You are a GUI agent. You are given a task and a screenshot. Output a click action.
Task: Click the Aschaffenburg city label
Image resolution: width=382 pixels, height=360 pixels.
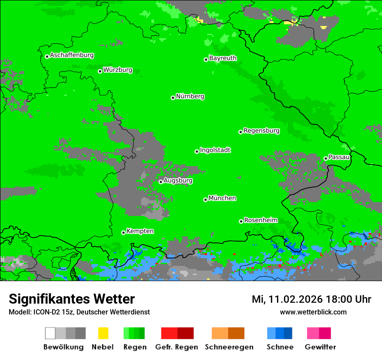click(72, 56)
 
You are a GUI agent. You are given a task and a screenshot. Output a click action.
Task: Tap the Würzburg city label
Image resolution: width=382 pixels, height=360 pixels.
click(118, 70)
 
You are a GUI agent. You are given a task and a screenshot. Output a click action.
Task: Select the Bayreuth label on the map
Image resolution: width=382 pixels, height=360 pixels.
click(223, 58)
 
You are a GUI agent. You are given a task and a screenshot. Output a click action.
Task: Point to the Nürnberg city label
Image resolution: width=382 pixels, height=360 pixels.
click(190, 97)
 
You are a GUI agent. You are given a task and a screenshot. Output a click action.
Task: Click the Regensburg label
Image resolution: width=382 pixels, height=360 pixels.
click(261, 131)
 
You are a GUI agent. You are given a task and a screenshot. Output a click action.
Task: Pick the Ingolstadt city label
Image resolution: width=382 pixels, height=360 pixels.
click(215, 151)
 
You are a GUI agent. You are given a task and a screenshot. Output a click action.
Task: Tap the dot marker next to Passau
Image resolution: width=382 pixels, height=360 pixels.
click(326, 158)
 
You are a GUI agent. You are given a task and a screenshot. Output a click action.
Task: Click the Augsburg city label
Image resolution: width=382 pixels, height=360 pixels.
click(178, 181)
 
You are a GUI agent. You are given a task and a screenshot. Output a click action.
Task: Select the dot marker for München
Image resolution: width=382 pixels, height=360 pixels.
click(205, 200)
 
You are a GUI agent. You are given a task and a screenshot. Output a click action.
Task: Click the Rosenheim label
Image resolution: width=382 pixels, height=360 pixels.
click(260, 220)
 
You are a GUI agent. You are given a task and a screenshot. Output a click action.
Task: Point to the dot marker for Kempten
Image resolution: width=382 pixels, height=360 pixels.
click(123, 232)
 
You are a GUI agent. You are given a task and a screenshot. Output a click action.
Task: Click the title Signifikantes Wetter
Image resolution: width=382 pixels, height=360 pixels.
click(72, 299)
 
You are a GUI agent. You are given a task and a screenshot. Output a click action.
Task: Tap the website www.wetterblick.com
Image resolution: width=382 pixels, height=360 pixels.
click(313, 312)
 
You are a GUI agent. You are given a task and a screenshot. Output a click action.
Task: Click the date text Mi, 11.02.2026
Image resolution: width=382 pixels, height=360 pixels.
click(287, 299)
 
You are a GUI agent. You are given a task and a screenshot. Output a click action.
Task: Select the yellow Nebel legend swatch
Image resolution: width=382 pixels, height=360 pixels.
click(103, 333)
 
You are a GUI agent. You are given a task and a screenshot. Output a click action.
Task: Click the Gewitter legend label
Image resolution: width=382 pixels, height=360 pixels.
click(320, 347)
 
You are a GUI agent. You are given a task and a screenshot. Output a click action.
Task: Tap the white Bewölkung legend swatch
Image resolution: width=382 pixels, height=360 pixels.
click(50, 333)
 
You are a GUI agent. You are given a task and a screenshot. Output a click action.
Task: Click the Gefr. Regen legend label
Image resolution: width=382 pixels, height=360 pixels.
click(176, 347)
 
